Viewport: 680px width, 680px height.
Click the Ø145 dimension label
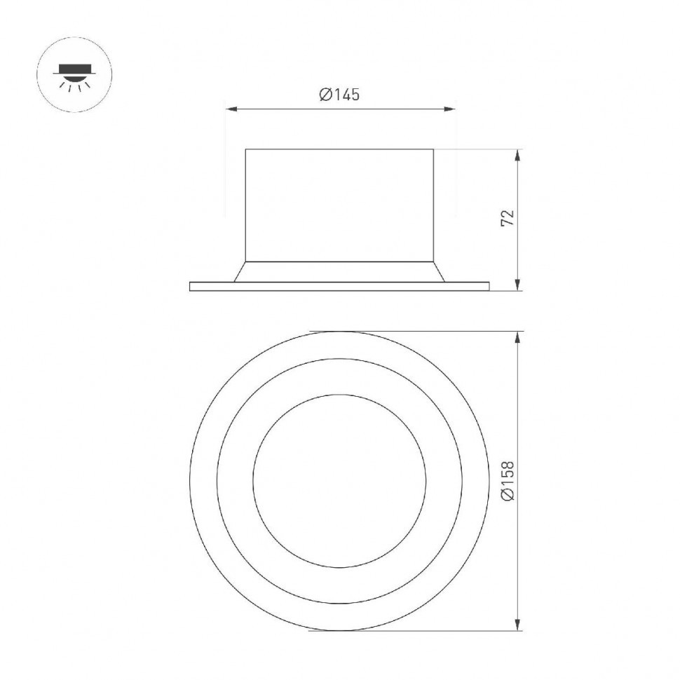(339, 95)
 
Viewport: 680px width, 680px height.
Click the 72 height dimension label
(508, 217)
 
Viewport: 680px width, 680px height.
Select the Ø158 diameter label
(508, 480)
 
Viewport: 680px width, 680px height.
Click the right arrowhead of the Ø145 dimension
(451, 109)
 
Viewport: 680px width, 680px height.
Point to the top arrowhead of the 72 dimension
(517, 154)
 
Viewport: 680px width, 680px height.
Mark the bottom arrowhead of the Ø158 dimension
(517, 626)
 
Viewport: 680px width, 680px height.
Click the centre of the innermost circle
(339, 482)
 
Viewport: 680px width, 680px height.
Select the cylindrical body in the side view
(339, 205)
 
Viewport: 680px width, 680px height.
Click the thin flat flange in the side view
(339, 286)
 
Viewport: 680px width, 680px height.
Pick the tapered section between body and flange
(339, 272)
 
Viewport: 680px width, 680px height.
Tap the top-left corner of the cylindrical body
(245, 149)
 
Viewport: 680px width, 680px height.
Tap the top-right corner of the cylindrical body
(433, 149)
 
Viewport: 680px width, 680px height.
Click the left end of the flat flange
(191, 286)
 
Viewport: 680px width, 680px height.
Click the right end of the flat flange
(488, 286)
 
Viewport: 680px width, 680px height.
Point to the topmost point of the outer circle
(339, 332)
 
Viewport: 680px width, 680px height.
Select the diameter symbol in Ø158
(508, 496)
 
